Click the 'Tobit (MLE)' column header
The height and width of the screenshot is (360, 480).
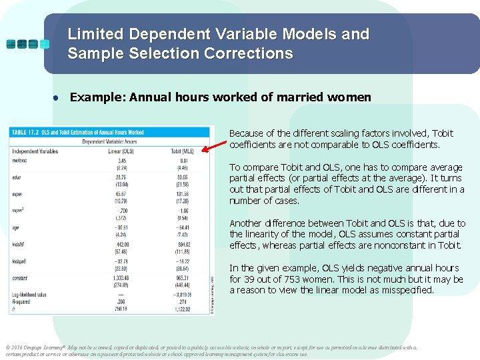[182, 151]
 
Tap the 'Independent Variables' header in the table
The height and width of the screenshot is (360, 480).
[35, 151]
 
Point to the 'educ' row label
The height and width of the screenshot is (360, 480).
[17, 177]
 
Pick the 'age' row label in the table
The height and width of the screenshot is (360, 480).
[16, 227]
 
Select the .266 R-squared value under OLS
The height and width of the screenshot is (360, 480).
[121, 301]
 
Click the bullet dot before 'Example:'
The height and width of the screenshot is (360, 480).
[58, 98]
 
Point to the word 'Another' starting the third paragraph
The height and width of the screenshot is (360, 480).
[246, 223]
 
